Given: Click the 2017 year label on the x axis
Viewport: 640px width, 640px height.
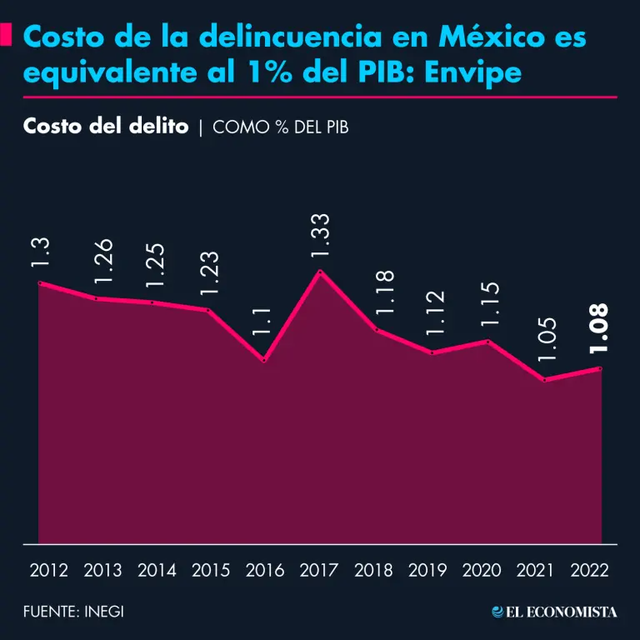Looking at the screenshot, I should tap(319, 571).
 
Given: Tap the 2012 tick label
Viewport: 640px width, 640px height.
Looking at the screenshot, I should tap(48, 571).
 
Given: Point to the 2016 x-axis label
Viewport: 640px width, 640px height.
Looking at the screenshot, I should tap(265, 571).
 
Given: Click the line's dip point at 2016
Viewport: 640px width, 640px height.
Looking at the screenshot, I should tap(264, 360).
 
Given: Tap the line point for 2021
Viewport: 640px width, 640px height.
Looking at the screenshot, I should tap(545, 380).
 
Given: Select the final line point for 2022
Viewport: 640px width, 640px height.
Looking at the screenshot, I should tap(599, 368).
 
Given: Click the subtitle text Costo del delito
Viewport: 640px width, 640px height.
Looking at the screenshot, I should tap(106, 127).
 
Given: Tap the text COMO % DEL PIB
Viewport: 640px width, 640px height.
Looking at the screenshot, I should tap(280, 128).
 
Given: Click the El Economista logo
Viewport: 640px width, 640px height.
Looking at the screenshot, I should tap(554, 612).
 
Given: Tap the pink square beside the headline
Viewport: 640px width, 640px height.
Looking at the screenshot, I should tap(7, 35).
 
